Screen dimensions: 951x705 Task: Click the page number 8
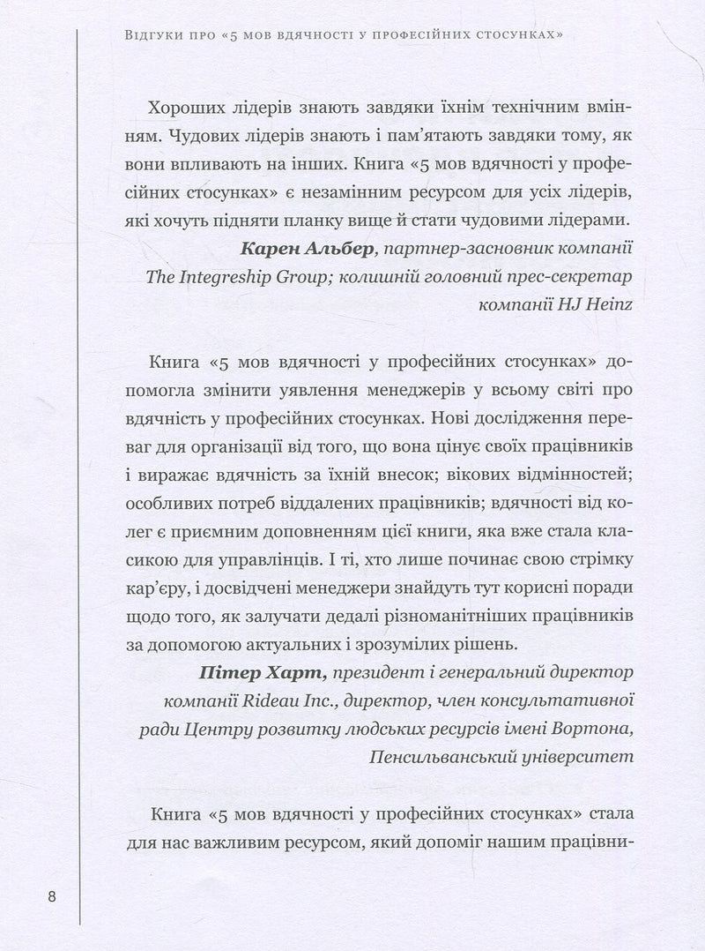(x=52, y=898)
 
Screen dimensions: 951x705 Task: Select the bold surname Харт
(x=299, y=673)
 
